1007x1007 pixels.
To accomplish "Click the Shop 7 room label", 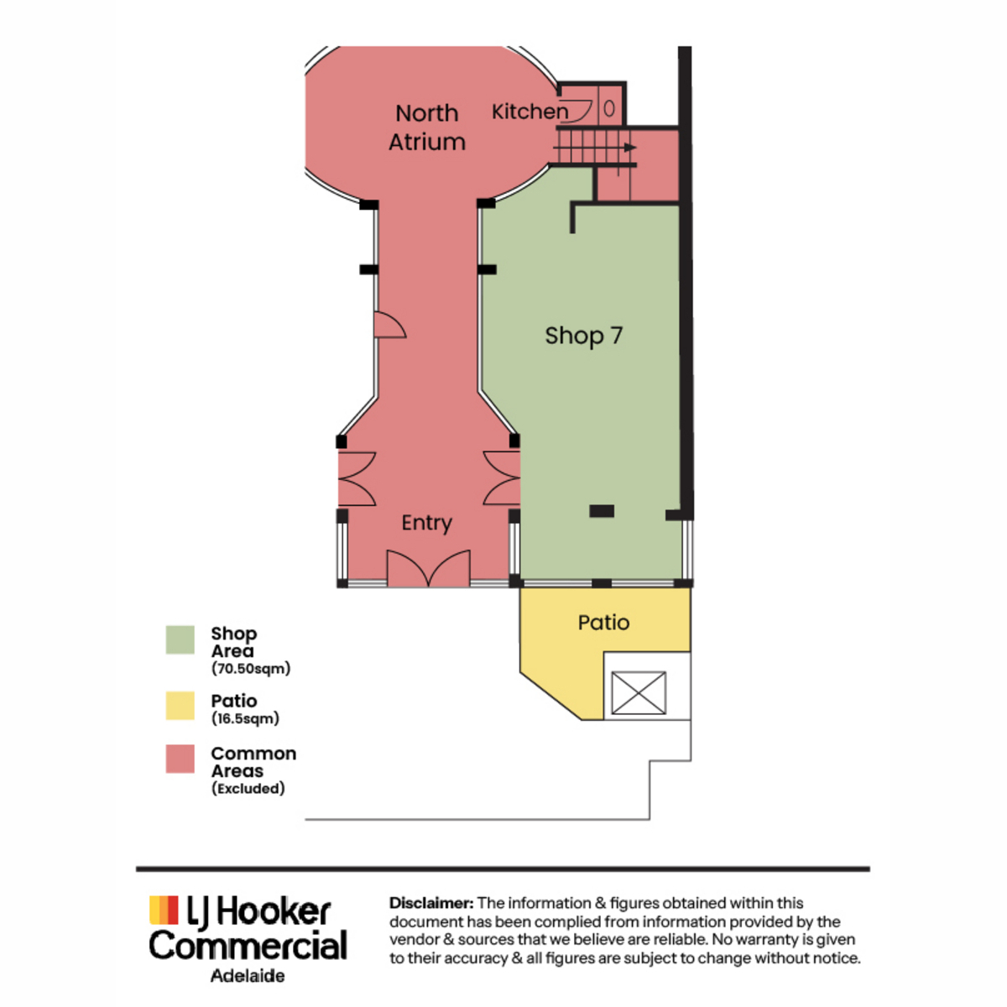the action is click(584, 336).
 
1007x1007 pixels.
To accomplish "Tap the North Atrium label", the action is click(427, 128).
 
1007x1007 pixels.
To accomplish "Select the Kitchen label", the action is click(530, 112).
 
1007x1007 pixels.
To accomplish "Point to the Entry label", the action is click(426, 523).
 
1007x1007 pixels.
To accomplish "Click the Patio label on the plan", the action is click(603, 623).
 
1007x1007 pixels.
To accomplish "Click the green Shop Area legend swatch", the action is click(180, 639).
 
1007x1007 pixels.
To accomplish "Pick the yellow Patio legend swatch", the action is click(180, 706).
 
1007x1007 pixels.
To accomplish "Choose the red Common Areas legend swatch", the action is click(180, 759).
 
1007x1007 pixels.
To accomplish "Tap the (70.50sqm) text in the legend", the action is click(251, 668).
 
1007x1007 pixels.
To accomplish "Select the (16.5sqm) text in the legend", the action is click(245, 718).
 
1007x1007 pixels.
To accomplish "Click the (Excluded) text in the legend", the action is click(248, 788).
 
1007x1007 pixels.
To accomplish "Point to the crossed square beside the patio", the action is click(639, 692).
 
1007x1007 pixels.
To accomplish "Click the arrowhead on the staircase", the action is click(630, 148).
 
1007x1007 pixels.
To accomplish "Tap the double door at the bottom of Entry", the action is click(428, 568).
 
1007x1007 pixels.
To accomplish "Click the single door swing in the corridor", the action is click(389, 325).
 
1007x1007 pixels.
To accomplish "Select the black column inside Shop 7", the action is click(602, 510).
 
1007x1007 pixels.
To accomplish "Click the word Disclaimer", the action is click(431, 903).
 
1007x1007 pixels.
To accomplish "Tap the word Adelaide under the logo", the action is click(248, 976).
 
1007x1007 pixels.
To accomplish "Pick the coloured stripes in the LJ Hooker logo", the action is click(164, 910).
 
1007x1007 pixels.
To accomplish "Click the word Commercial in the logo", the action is click(248, 945).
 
